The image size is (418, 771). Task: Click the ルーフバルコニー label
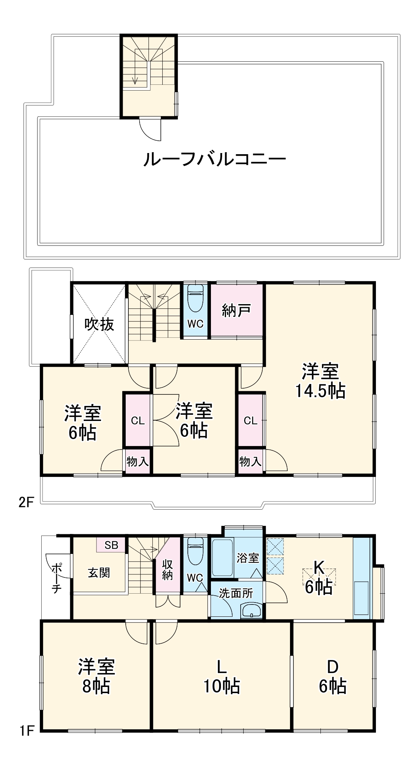214,159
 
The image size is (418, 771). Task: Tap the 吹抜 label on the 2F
99,324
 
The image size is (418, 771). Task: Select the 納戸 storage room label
236,310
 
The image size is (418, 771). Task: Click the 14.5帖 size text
320,391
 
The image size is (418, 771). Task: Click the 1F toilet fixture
195,553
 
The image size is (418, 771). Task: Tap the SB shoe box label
111,545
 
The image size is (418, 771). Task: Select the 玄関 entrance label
99,573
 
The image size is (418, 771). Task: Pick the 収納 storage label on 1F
167,570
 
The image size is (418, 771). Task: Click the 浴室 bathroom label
248,557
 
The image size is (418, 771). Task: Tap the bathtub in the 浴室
222,557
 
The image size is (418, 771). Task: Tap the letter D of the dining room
332,667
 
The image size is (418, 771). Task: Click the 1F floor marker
27,731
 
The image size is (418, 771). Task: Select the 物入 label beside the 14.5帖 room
250,461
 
